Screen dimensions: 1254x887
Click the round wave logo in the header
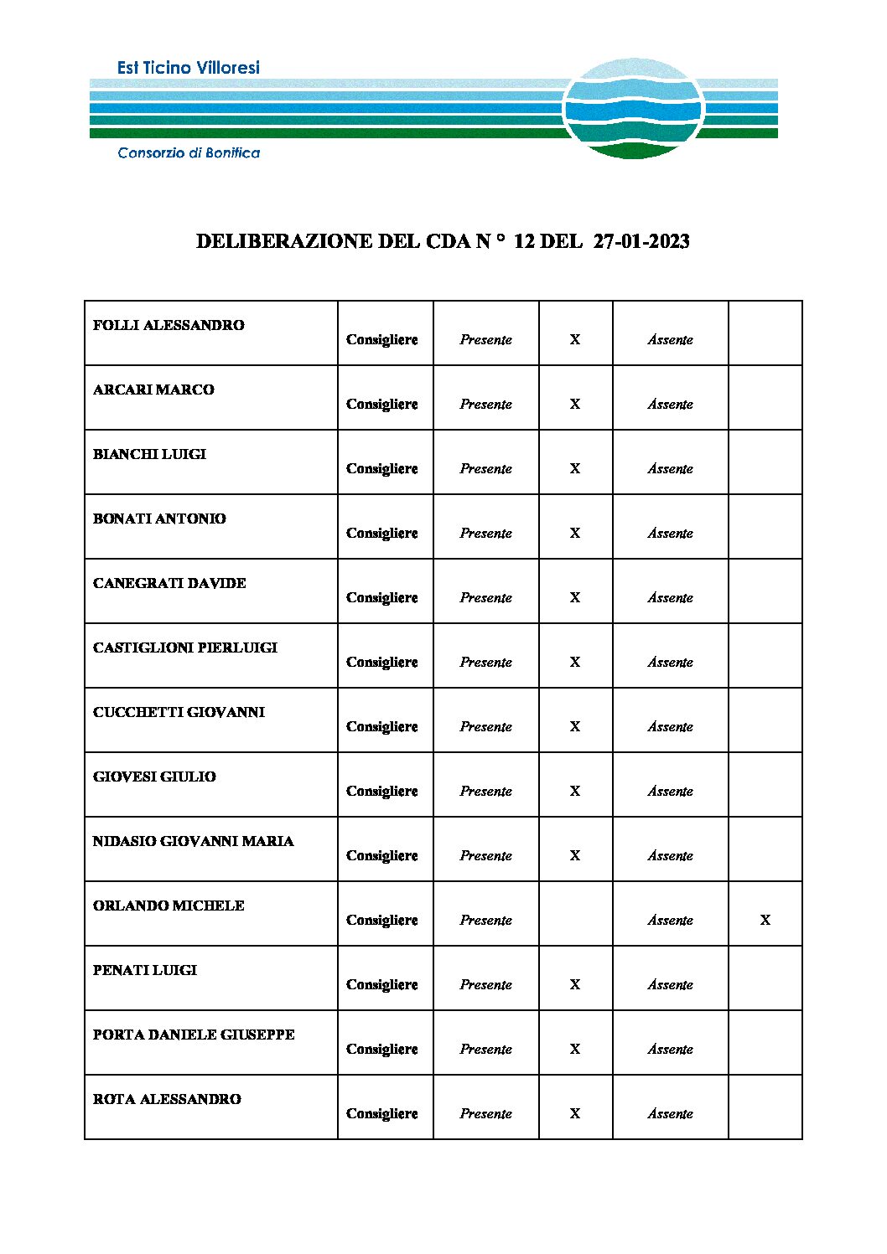coord(633,109)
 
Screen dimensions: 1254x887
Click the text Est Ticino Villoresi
coord(189,68)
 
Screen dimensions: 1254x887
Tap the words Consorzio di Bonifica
coord(189,152)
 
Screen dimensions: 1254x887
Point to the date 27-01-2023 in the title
coord(641,241)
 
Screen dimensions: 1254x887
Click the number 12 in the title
coord(524,241)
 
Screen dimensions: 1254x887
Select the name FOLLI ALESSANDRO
coord(169,325)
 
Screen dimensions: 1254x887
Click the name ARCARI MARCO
coord(153,390)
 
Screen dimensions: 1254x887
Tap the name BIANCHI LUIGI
coord(149,454)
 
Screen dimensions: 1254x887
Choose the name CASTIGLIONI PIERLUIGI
coord(184,648)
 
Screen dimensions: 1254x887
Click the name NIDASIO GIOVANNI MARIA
coord(193,841)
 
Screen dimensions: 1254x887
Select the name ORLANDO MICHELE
coord(169,906)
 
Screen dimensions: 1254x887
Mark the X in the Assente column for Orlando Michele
coord(765,920)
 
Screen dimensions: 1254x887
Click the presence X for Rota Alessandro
coord(575,1113)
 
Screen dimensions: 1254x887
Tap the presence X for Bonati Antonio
coord(575,533)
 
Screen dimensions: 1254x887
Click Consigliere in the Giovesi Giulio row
coord(381,791)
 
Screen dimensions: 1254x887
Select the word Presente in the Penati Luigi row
coord(485,984)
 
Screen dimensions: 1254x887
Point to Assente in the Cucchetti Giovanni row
coord(670,726)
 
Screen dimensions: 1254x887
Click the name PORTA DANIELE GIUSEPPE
coord(194,1035)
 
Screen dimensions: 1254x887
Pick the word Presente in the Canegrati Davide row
coord(485,597)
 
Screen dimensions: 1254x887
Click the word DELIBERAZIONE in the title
coord(283,241)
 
